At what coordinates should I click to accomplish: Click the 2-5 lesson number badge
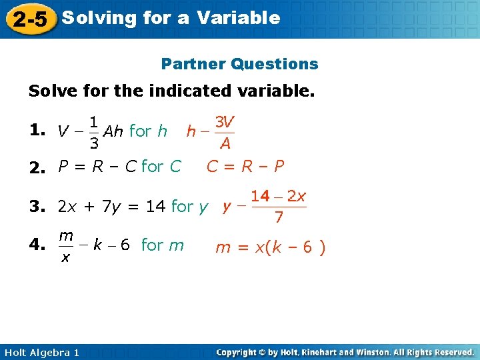click(x=29, y=19)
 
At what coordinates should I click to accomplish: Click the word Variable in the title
click(x=238, y=18)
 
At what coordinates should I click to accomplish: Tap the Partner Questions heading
click(x=240, y=64)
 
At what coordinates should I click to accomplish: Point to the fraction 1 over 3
click(x=94, y=133)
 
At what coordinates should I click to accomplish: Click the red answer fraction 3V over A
click(x=225, y=133)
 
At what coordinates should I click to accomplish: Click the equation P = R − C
click(x=97, y=167)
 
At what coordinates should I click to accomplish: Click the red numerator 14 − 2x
click(x=279, y=197)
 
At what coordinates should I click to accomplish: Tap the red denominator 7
click(x=279, y=217)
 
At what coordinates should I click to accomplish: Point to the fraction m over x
click(x=65, y=245)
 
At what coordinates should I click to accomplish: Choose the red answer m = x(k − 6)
click(x=270, y=248)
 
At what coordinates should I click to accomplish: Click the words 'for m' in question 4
click(x=163, y=245)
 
